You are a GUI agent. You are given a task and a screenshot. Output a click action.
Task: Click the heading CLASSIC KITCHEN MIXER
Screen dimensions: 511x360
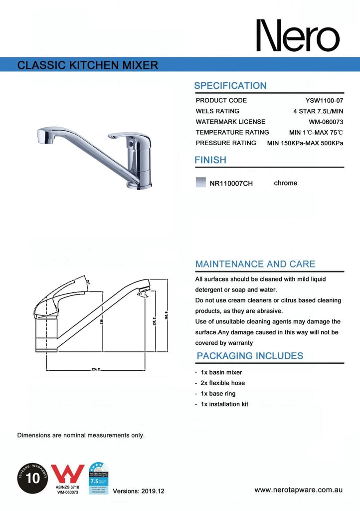click(x=88, y=65)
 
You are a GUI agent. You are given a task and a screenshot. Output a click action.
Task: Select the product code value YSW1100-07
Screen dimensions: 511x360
click(x=324, y=100)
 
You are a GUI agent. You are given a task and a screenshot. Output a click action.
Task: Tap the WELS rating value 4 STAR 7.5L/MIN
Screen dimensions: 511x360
click(x=318, y=111)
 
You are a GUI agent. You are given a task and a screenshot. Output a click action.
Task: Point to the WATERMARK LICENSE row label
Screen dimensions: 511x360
click(x=230, y=122)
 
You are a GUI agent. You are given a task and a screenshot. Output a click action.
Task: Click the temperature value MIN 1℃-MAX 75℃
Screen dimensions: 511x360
click(x=316, y=132)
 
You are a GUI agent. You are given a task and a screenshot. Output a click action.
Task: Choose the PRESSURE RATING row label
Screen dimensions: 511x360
click(x=226, y=143)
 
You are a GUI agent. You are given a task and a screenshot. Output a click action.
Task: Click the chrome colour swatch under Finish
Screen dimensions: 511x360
click(x=201, y=183)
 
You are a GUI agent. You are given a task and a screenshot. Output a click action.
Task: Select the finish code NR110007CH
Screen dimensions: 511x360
click(x=231, y=183)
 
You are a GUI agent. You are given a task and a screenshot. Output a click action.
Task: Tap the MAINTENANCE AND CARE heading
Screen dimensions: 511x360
click(x=255, y=263)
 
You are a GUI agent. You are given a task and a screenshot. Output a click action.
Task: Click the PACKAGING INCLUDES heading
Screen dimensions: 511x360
click(x=250, y=356)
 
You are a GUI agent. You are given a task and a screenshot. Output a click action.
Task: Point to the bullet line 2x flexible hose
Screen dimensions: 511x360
click(x=223, y=383)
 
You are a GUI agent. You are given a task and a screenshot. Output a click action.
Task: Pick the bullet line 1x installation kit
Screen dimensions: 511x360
click(x=224, y=404)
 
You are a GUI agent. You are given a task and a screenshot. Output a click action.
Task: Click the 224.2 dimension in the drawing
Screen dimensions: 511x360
click(x=96, y=369)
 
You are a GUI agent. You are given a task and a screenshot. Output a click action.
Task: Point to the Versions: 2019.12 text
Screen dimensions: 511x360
click(x=139, y=491)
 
